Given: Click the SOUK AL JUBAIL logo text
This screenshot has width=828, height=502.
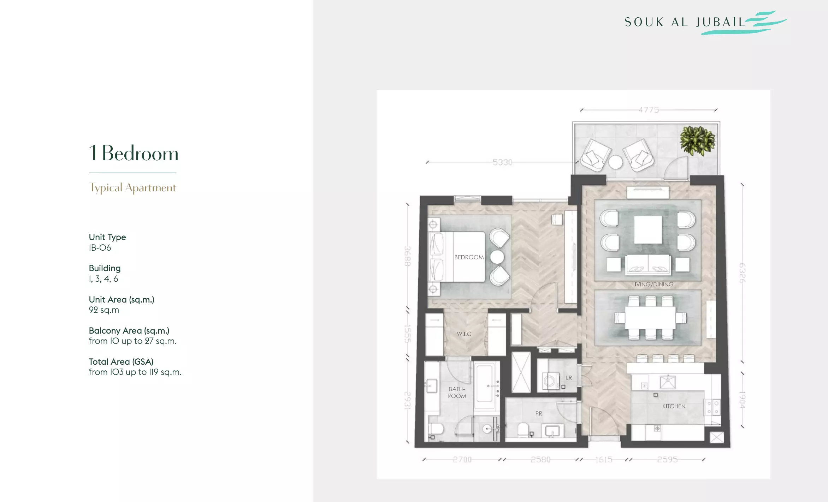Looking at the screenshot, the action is [685, 22].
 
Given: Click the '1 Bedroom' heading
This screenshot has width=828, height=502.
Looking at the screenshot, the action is [134, 153].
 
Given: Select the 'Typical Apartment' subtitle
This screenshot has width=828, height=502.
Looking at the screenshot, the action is [132, 188].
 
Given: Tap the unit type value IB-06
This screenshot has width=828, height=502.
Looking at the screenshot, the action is [100, 248].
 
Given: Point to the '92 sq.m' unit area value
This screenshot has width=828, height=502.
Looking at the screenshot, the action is [104, 310].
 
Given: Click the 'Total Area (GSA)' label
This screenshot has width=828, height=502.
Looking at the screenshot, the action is [121, 362].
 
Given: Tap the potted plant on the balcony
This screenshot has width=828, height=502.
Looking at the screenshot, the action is [698, 141].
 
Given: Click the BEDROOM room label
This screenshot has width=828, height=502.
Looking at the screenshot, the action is [469, 257].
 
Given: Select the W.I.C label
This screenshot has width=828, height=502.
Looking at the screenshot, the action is [464, 334].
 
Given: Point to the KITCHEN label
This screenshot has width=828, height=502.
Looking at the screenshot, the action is [674, 406].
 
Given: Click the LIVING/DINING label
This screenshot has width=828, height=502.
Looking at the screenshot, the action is [652, 285].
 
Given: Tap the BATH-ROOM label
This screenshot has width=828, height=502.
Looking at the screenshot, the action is [457, 393].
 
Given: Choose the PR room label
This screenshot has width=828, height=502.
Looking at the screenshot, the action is [539, 413].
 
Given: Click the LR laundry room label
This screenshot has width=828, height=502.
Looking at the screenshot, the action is [569, 378].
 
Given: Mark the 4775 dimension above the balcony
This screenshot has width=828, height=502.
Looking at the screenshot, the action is [649, 110].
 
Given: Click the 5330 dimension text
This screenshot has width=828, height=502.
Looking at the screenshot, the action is [502, 162].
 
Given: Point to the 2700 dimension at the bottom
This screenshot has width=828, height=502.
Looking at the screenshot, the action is [462, 460].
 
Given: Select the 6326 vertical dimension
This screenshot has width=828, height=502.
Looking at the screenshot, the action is [742, 273].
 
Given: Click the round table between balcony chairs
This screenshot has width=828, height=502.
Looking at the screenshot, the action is [615, 162].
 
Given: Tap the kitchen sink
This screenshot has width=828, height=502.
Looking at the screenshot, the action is [668, 382].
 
